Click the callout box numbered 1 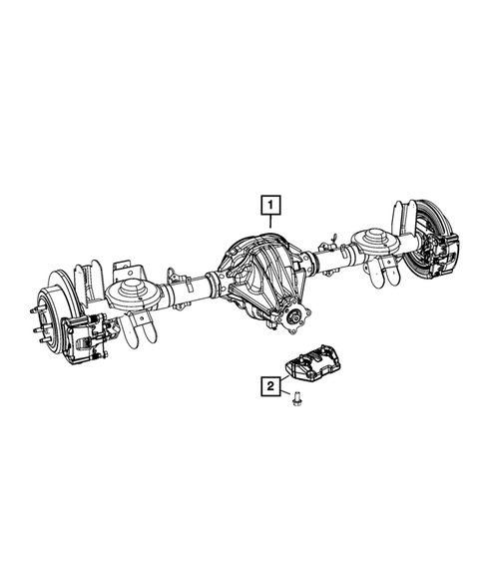pos(269,207)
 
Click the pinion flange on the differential pos(296,319)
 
